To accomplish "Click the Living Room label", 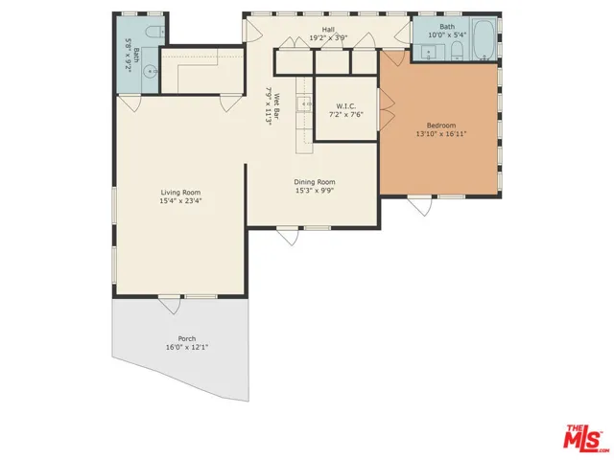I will [x=180, y=193].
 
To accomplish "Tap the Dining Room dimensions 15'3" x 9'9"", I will [x=315, y=190].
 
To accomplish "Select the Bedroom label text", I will [x=441, y=125].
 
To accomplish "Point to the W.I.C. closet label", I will [x=346, y=105].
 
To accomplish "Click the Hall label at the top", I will [x=328, y=30].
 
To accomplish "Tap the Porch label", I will [x=187, y=338].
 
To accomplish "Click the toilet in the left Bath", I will [x=154, y=37].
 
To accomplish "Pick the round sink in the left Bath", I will [x=151, y=69].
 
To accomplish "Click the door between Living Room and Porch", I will [x=170, y=304].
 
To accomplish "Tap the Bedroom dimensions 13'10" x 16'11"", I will [x=441, y=133].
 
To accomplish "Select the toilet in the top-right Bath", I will [x=457, y=49].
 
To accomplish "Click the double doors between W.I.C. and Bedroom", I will [x=387, y=105].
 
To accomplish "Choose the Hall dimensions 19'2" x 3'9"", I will [x=328, y=39].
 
